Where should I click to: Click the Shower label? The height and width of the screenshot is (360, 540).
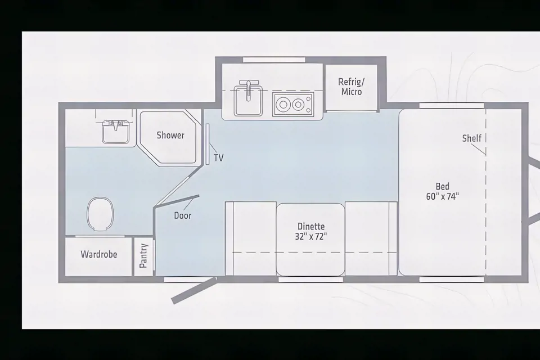click(170, 135)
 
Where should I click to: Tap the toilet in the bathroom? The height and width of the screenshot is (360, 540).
click(100, 214)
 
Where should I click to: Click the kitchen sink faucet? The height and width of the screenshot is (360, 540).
click(248, 89)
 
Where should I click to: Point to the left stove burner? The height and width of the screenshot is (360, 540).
click(283, 104)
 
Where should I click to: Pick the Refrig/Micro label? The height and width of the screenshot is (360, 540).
click(352, 87)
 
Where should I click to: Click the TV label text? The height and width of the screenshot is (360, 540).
click(219, 157)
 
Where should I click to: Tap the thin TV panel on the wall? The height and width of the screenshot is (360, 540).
click(208, 145)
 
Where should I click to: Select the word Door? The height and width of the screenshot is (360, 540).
click(182, 215)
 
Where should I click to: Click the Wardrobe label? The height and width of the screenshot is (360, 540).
click(99, 254)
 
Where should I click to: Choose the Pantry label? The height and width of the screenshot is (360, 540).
click(143, 255)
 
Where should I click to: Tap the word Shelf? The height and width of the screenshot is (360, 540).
click(472, 138)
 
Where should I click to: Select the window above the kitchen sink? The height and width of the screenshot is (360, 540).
click(274, 60)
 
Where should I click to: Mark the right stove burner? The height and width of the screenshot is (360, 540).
click(298, 104)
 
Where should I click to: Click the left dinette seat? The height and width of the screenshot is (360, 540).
click(251, 238)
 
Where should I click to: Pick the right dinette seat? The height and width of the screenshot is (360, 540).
click(371, 238)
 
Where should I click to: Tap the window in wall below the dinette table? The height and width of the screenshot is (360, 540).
click(310, 280)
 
